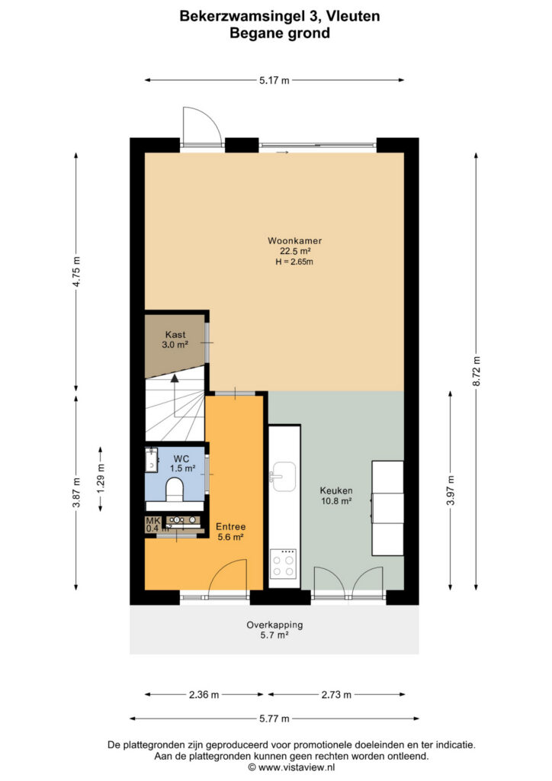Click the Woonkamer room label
click(294, 240)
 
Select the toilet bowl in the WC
click(174, 488)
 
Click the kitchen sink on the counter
click(284, 476)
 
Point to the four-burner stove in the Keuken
click(283, 564)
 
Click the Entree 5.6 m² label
click(230, 532)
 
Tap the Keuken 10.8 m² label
click(336, 496)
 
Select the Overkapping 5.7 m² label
click(274, 629)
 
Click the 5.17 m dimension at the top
click(274, 80)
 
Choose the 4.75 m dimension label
click(76, 272)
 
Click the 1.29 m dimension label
click(101, 478)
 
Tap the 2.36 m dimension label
click(204, 694)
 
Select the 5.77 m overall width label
click(274, 718)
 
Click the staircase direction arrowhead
click(174, 378)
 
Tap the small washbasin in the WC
click(151, 460)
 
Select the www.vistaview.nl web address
click(296, 767)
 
